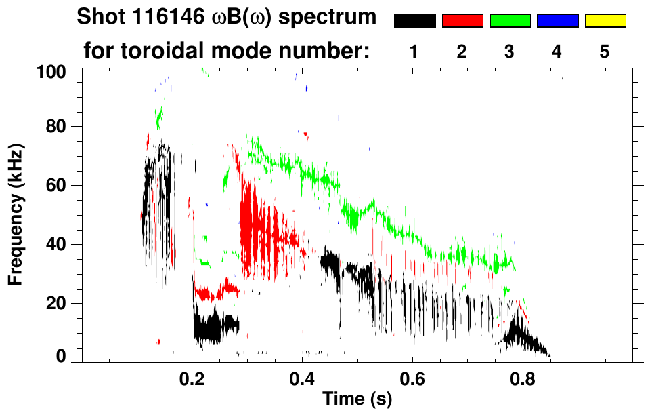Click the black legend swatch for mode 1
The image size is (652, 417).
pyautogui.click(x=414, y=21)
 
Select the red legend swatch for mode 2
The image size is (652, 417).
pyautogui.click(x=462, y=21)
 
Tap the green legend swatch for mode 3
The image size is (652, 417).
pyautogui.click(x=510, y=21)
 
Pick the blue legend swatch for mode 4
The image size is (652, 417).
pyautogui.click(x=557, y=21)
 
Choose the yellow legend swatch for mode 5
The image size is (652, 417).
pyautogui.click(x=605, y=21)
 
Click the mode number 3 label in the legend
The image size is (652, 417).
pyautogui.click(x=510, y=52)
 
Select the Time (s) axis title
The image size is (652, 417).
pyautogui.click(x=357, y=399)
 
